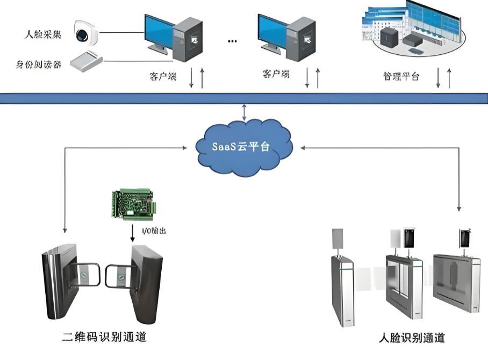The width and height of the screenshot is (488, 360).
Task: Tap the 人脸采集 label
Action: coord(43,35)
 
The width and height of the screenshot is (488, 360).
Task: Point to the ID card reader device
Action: coord(86,61)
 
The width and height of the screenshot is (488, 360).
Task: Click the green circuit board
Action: coord(133,204)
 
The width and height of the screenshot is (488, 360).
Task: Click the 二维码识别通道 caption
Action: coord(104,337)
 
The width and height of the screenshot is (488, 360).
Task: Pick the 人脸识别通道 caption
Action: coord(411,337)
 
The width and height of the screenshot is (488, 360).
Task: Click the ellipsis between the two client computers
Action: coord(232,41)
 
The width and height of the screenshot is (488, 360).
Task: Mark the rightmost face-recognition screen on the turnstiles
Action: coord(464,237)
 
